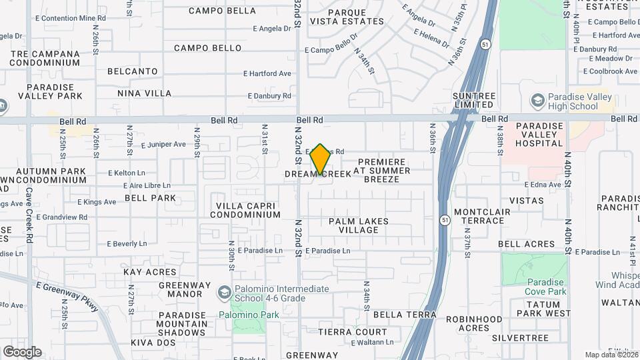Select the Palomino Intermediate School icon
click(x=225, y=293)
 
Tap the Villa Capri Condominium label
click(x=245, y=210)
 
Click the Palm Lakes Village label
click(x=358, y=225)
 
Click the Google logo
click(x=22, y=351)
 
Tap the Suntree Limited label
click(x=474, y=100)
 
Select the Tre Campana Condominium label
click(x=45, y=57)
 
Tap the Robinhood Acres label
click(x=474, y=323)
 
